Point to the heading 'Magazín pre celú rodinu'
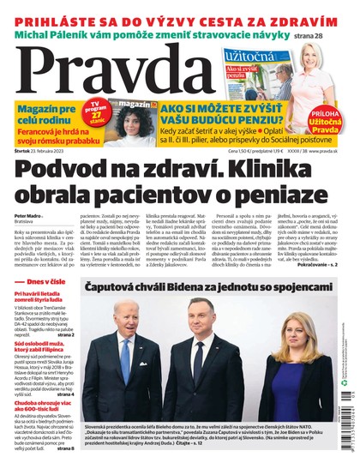[44, 111]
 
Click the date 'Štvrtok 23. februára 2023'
[39, 151]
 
